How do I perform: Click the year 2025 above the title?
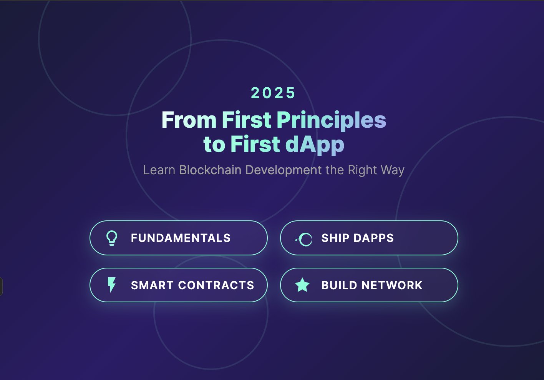273,93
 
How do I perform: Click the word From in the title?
189,120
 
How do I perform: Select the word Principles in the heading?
331,120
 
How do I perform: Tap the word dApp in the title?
314,145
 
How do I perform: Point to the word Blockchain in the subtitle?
210,170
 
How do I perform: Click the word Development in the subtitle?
283,170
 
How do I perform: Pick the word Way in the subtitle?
393,170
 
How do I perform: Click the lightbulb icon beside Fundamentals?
112,238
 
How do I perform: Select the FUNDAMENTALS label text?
181,238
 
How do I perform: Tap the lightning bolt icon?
111,285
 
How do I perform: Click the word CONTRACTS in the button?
216,285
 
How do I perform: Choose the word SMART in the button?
152,285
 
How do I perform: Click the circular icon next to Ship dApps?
304,239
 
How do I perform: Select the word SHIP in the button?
335,238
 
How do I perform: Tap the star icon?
302,285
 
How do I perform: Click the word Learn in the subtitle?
159,170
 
